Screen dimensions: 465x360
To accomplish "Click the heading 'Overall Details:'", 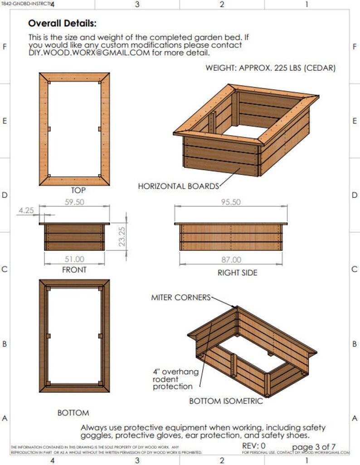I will pos(62,24).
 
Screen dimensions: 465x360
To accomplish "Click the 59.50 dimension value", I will pos(75,202).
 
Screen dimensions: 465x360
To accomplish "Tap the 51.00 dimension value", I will pos(74,259).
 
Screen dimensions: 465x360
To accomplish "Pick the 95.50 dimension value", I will pos(231,202).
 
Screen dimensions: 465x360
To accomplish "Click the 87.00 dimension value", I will pos(231,260).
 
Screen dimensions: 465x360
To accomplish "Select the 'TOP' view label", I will pos(78,191).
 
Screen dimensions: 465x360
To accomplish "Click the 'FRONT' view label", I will pos(74,269).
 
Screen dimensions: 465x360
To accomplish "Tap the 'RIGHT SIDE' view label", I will pos(237,273).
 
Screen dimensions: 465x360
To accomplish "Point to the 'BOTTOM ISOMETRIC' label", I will pos(226,401).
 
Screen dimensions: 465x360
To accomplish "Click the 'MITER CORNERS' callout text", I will pos(180,298).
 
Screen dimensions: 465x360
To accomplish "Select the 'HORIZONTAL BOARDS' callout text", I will pos(178,186).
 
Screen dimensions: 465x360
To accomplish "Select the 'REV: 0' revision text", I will pos(254,445).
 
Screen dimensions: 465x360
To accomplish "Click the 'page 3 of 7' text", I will pos(313,446).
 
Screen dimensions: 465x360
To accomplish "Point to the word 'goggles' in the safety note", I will pos(97,435).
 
